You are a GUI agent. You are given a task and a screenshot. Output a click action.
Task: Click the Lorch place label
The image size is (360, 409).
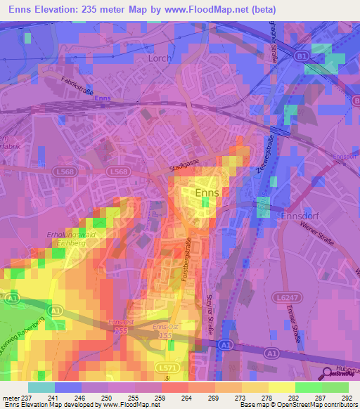point(160,58)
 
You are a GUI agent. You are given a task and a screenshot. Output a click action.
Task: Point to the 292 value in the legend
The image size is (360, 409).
point(345,398)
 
